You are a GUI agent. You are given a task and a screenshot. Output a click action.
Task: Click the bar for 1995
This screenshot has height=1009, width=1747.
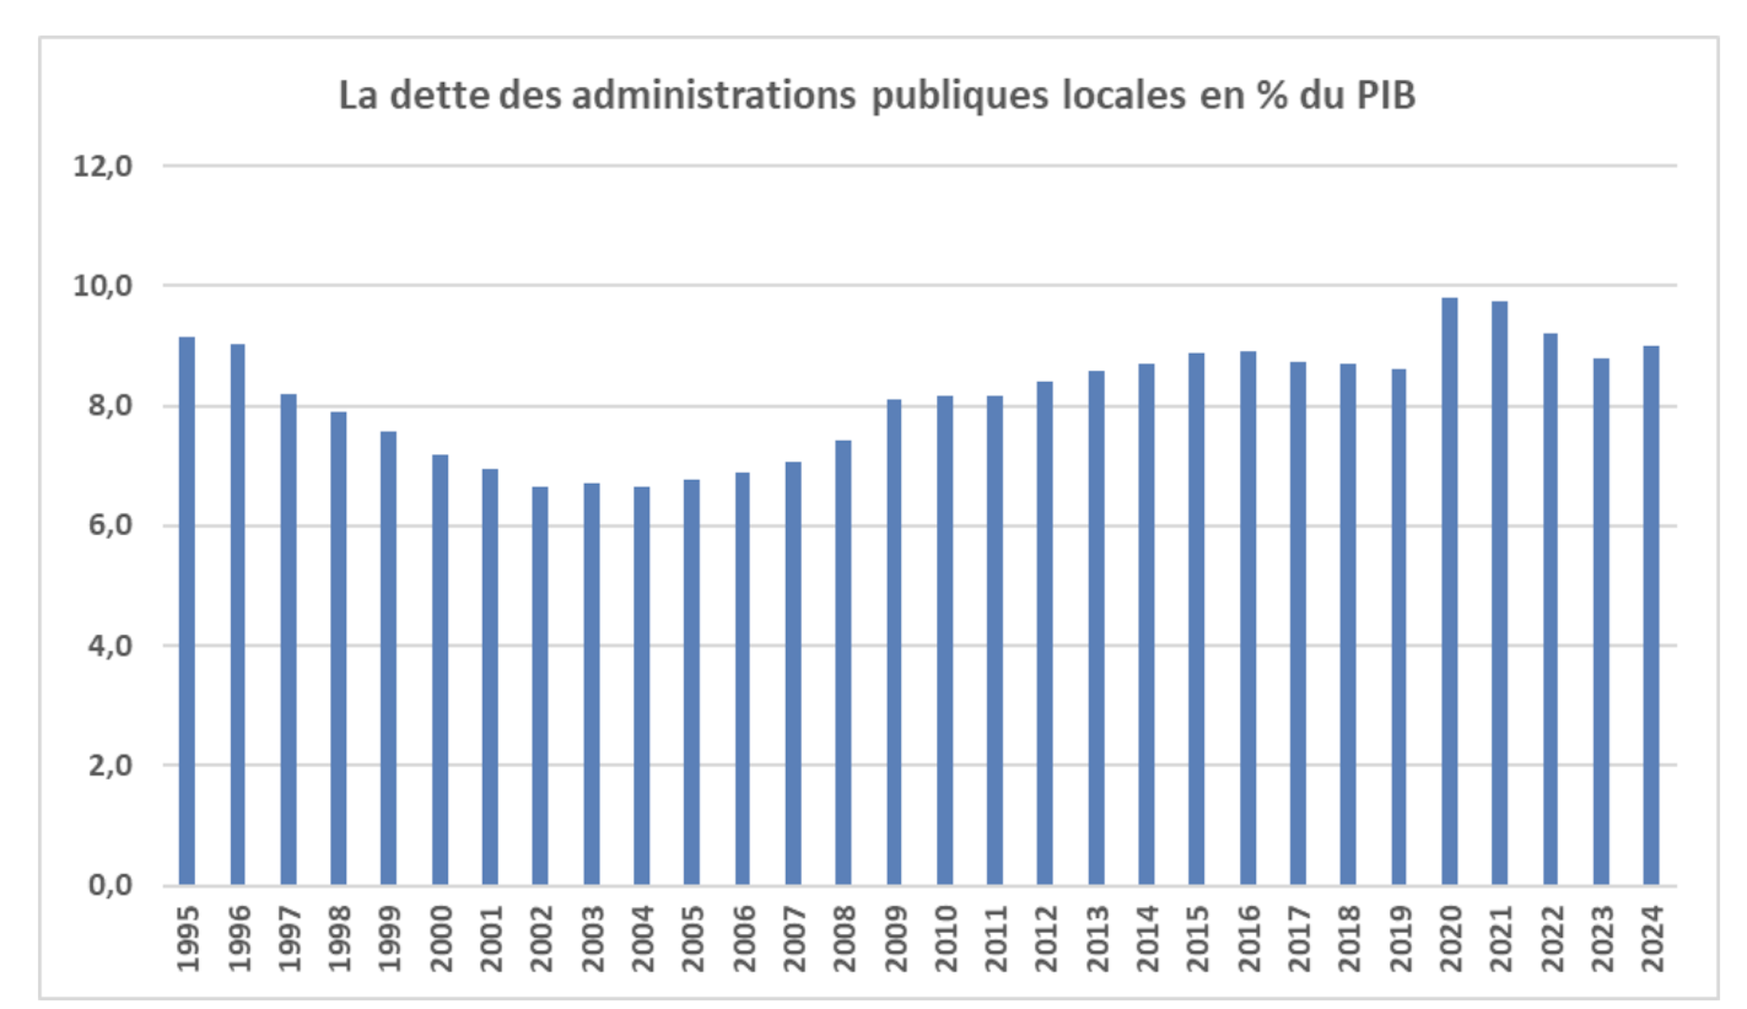[x=187, y=610]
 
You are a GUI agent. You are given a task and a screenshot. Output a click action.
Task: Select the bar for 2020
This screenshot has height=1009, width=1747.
[x=1449, y=591]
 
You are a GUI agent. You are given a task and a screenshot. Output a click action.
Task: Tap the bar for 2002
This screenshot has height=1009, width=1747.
[x=540, y=685]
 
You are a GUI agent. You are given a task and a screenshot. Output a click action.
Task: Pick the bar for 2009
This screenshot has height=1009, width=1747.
[x=894, y=641]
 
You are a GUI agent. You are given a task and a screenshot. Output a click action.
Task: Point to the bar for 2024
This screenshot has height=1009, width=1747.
[x=1651, y=615]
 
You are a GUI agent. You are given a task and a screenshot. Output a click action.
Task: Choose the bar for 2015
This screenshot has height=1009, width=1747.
[x=1197, y=619]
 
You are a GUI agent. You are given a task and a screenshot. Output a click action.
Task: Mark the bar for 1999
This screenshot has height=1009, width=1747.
[x=389, y=658]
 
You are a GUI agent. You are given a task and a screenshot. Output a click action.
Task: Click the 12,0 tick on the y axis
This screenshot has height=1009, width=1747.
[x=103, y=166]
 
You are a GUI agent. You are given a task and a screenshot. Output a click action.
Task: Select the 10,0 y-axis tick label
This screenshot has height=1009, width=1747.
[x=103, y=286]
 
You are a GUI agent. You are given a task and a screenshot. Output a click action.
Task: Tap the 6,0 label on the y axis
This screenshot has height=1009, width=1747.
[x=110, y=525]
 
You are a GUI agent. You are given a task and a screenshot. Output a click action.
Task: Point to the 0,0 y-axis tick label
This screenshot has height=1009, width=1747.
[x=110, y=884]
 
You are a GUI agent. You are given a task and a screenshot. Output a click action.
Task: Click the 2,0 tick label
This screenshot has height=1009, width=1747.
[x=110, y=765]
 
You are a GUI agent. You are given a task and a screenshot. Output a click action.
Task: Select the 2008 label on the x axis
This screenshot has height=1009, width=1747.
[x=844, y=938]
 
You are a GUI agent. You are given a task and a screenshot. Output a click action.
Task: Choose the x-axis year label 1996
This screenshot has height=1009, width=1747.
[x=238, y=938]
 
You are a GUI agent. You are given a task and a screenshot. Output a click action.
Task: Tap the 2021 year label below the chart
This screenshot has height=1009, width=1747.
[x=1500, y=938]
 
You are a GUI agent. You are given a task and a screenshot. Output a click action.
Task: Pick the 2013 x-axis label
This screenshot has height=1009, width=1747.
[x=1096, y=938]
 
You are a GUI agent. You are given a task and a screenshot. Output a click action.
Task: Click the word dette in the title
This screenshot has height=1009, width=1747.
[x=440, y=96]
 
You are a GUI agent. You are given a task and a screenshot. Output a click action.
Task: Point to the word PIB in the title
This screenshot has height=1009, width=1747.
[x=1386, y=96]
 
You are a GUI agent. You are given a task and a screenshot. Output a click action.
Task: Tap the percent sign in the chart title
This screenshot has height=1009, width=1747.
[x=1272, y=96]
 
